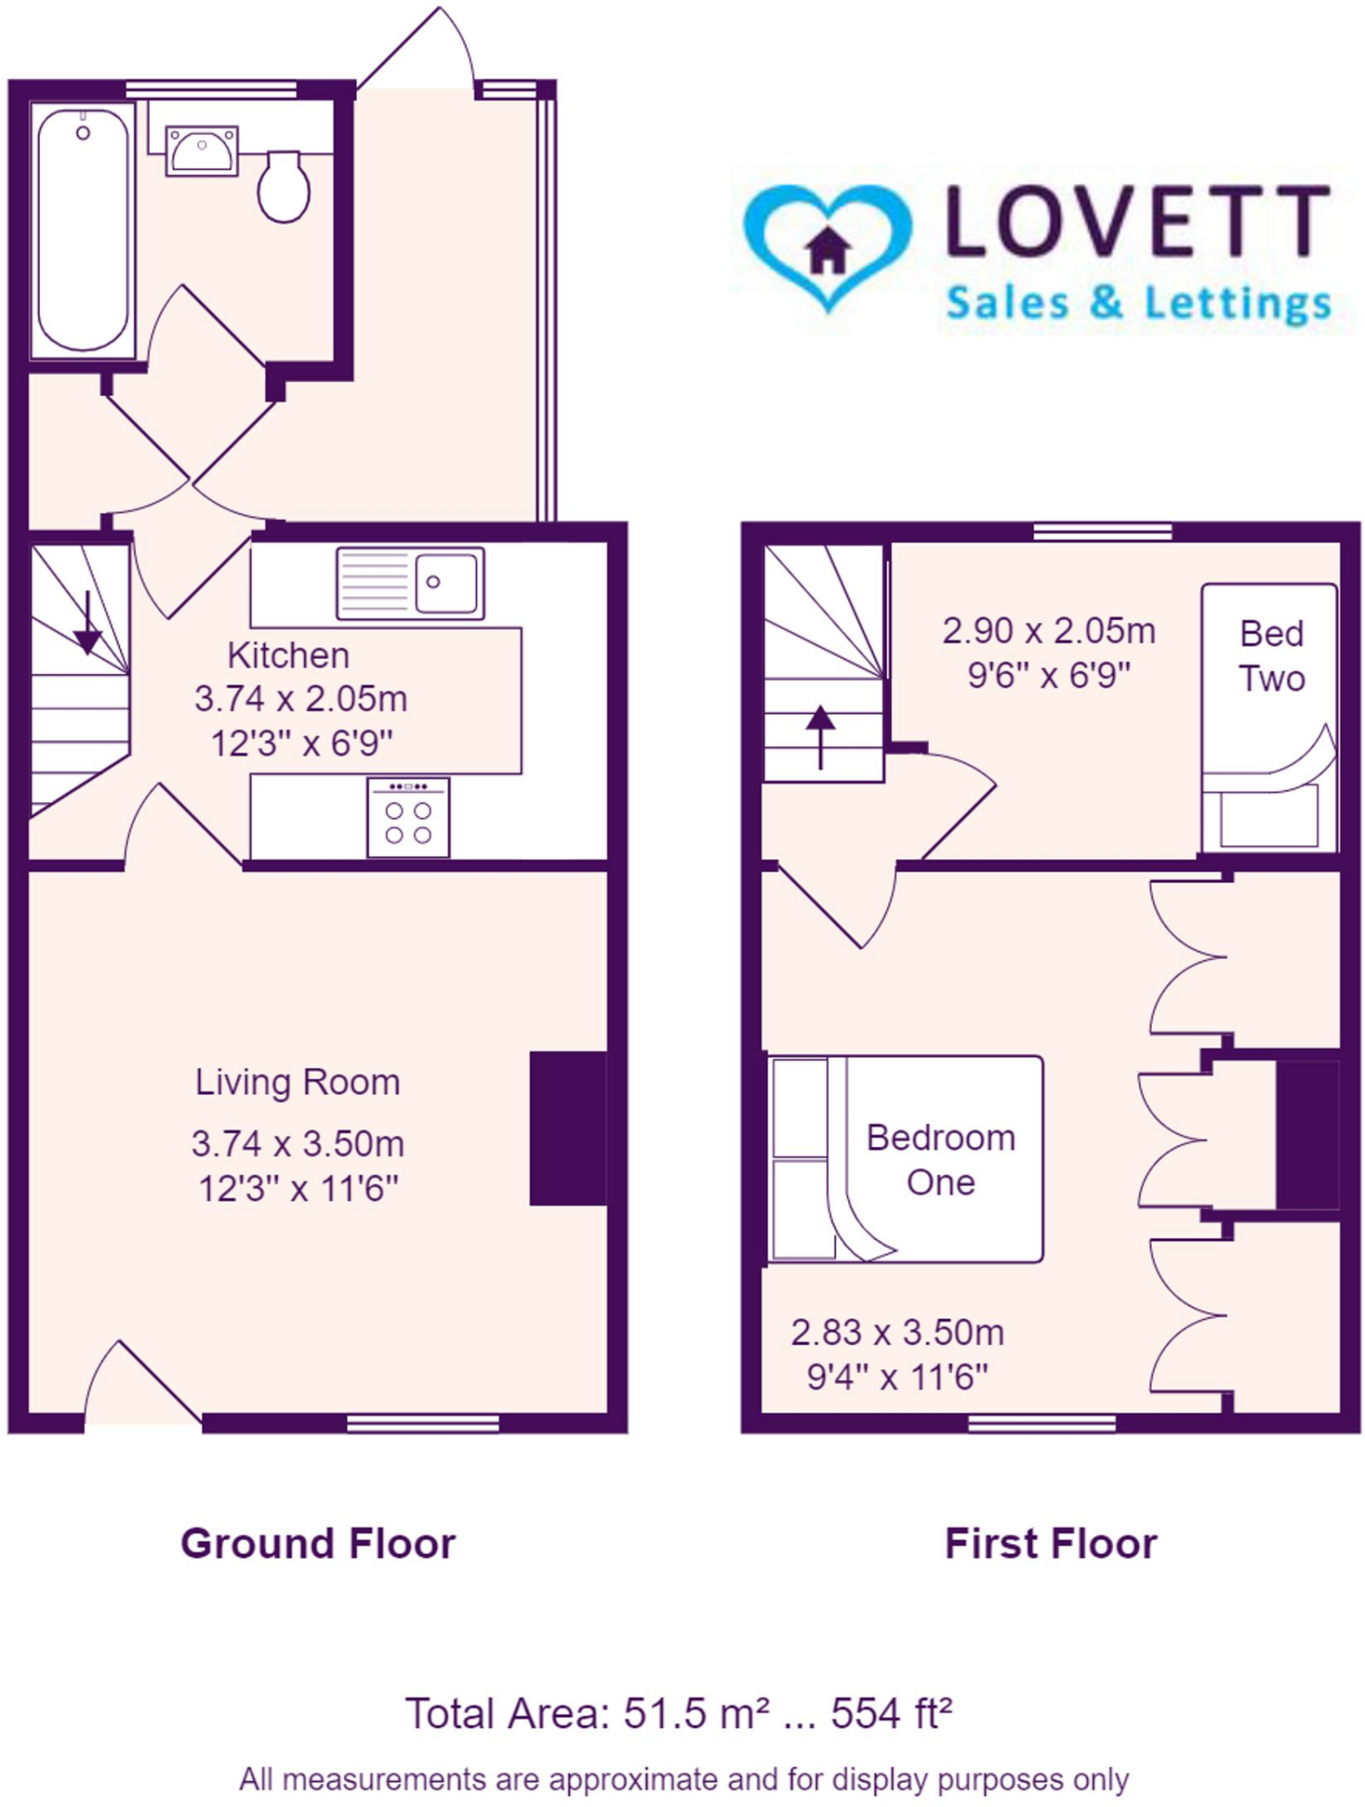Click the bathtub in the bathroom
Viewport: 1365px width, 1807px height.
click(x=82, y=229)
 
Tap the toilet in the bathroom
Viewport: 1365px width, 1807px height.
click(x=283, y=187)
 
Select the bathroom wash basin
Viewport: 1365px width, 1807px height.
click(x=202, y=150)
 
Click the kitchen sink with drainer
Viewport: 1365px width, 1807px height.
click(x=410, y=582)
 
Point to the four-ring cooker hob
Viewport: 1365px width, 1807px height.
click(x=408, y=818)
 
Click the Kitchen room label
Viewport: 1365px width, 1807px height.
click(x=289, y=656)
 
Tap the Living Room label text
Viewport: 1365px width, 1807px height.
click(x=297, y=1082)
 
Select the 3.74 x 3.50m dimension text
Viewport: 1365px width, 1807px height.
click(x=297, y=1143)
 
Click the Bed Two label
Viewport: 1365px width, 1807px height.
click(x=1271, y=656)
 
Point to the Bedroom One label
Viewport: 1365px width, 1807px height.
click(x=941, y=1159)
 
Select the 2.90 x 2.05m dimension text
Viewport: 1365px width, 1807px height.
click(x=1048, y=631)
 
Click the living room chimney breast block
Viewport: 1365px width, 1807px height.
click(x=567, y=1128)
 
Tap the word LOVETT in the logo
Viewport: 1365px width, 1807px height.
click(x=1137, y=221)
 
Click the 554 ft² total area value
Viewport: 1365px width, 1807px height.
click(x=891, y=1713)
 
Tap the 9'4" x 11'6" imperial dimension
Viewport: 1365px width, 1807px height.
click(x=897, y=1376)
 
